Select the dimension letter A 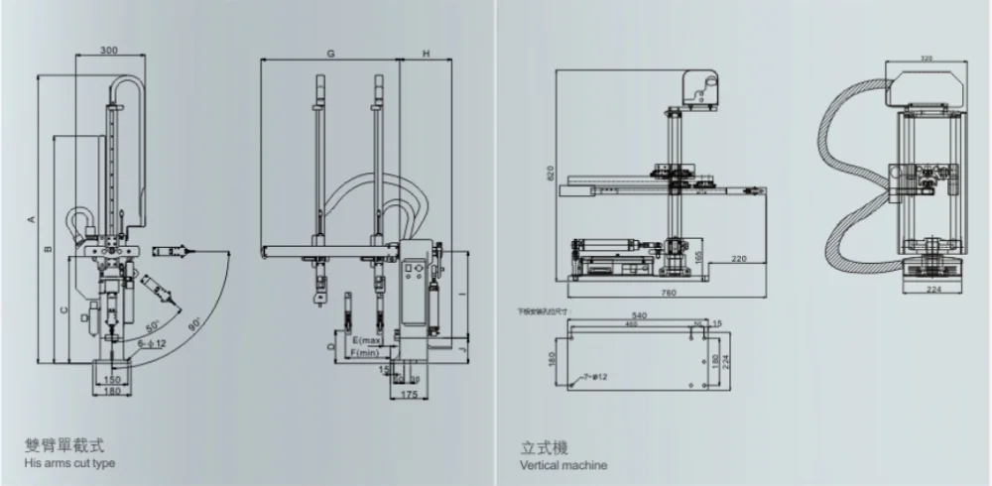click(32, 218)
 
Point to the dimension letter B click(47, 249)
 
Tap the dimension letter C click(63, 310)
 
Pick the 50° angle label click(153, 326)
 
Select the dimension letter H click(425, 51)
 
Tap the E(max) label click(368, 341)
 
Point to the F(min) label click(365, 353)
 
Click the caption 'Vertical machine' click(563, 465)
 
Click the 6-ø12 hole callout click(152, 341)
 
